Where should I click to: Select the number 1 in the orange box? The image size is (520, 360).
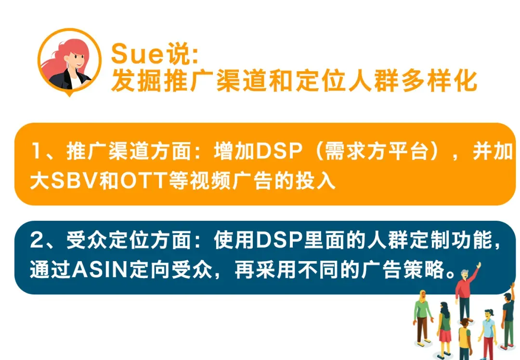[x=37, y=151]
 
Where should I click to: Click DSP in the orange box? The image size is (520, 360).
[x=279, y=151]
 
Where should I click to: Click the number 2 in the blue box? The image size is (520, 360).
[x=37, y=240]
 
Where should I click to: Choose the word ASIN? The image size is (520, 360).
[x=100, y=269]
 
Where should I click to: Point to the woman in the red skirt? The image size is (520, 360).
[x=444, y=329]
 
